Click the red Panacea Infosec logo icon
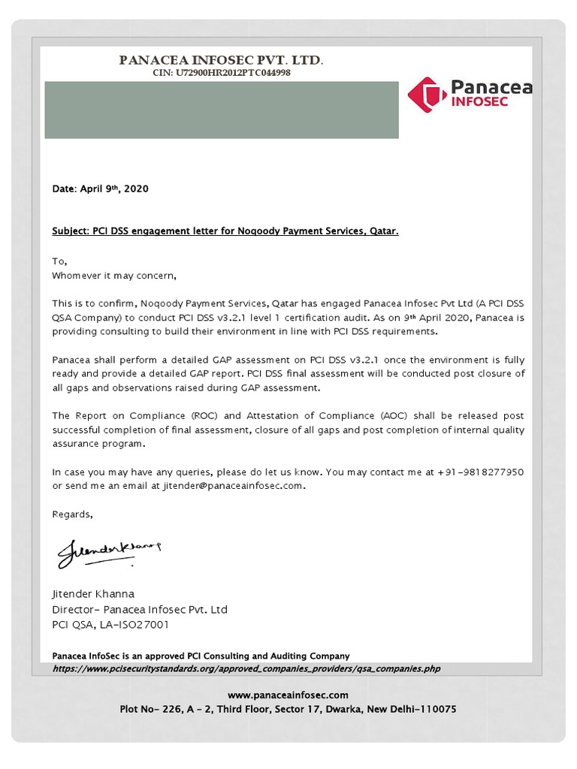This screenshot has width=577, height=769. (x=426, y=95)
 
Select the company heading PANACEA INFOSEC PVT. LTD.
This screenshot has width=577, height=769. (x=222, y=60)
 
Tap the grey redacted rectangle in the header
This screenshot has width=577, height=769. (x=221, y=110)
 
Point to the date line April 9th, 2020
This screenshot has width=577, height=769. (x=100, y=188)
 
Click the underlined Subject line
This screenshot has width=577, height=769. (x=225, y=232)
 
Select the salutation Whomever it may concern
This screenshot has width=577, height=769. (x=113, y=276)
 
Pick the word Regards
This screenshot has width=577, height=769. (x=72, y=514)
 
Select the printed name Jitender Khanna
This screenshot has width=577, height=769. (x=92, y=594)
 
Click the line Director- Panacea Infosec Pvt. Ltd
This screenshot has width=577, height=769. (x=139, y=609)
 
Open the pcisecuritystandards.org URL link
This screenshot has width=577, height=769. (x=246, y=668)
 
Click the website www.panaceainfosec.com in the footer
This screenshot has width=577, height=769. (x=288, y=695)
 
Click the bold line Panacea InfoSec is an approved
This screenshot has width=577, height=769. (x=201, y=656)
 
